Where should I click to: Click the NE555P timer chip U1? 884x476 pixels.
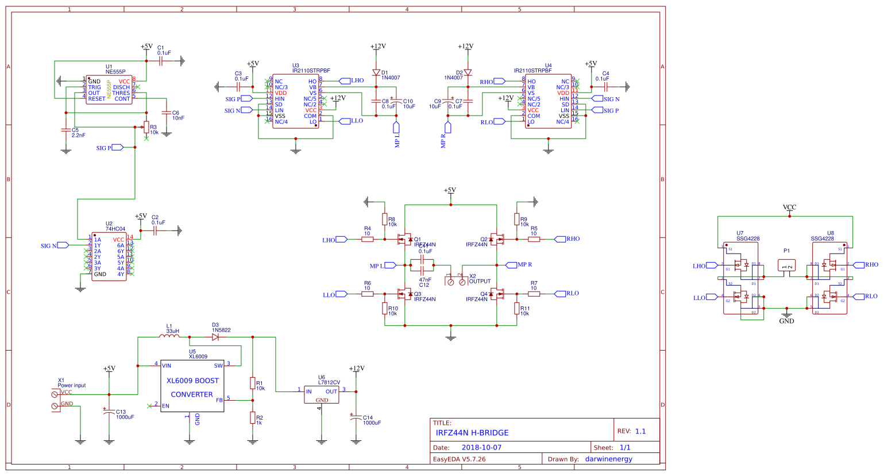coord(110,90)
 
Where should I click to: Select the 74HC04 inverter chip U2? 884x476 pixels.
coord(109,256)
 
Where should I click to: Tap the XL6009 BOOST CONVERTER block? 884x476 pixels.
coord(192,387)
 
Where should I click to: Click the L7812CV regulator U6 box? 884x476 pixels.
coord(322,394)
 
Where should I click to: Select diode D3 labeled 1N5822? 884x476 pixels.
coord(215,337)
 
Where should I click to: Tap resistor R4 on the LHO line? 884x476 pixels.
coord(368,239)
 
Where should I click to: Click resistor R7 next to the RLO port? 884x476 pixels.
coord(534,294)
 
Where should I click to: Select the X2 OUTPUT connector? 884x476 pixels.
coord(456,281)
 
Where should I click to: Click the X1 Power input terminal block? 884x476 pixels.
coord(56,400)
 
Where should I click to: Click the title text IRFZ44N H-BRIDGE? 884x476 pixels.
coord(472,433)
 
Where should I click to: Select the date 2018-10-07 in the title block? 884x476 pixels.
coord(481,447)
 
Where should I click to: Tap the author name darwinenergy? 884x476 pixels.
coord(608,459)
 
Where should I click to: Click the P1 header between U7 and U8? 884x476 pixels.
coord(786,265)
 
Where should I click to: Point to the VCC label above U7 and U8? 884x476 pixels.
coord(789,208)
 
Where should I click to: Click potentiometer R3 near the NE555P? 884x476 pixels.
coord(146,128)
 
